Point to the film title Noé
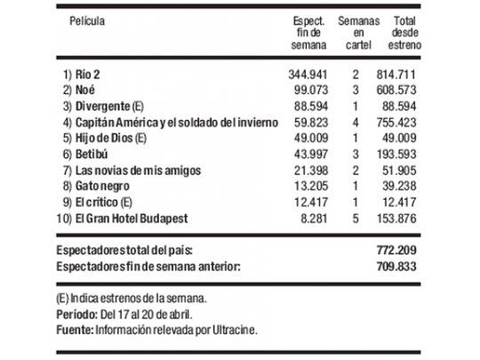pyautogui.click(x=86, y=92)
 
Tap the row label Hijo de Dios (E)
pyautogui.click(x=107, y=136)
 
